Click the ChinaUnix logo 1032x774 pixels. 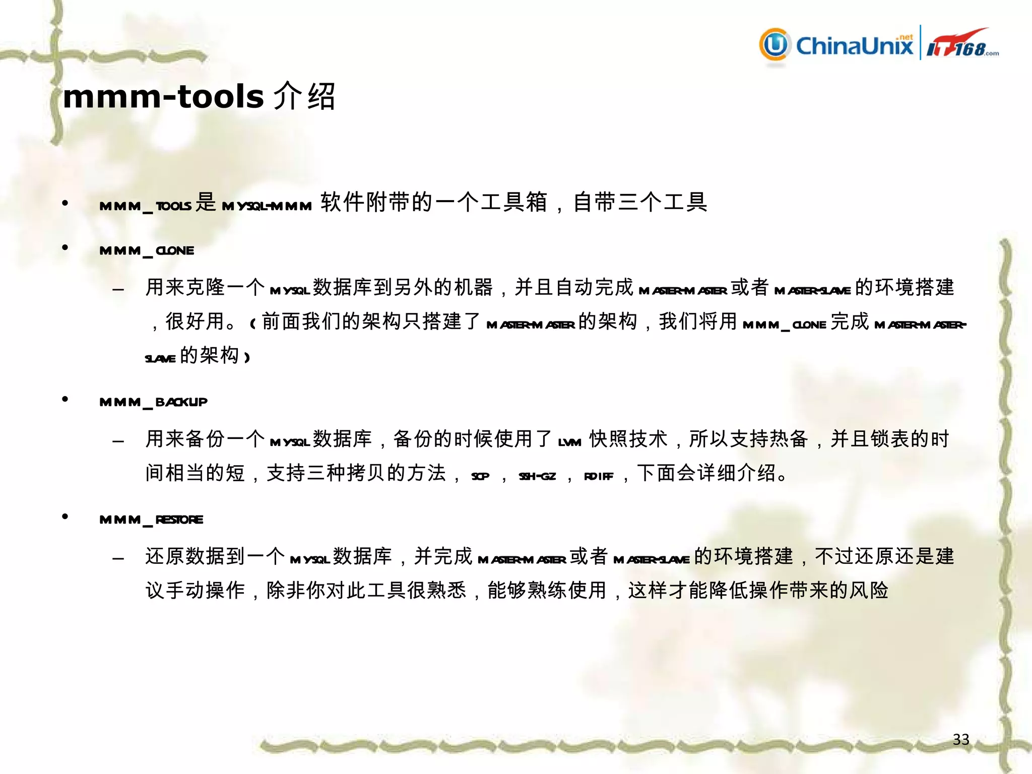(x=836, y=45)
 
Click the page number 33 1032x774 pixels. (x=961, y=739)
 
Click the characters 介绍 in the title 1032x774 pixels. (x=304, y=96)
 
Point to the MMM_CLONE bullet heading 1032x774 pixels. (x=147, y=251)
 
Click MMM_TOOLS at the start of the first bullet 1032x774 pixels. (x=145, y=206)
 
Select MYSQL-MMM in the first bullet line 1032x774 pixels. (x=267, y=206)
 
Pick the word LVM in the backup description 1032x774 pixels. (x=570, y=442)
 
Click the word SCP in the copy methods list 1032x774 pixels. (x=480, y=476)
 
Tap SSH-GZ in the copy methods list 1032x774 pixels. (x=537, y=476)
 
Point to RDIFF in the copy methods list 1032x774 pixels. (x=599, y=476)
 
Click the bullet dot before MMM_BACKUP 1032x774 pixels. (x=65, y=399)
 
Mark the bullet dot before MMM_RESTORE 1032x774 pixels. (x=65, y=517)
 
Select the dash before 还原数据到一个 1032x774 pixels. (x=118, y=558)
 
